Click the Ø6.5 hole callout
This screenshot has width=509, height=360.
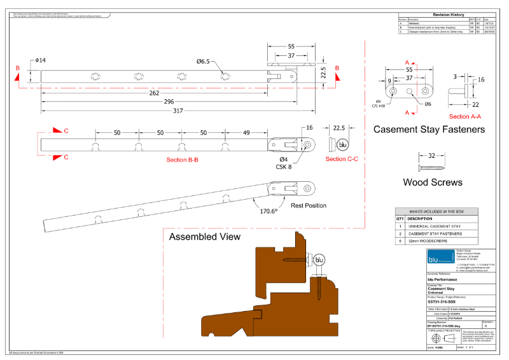point(203,61)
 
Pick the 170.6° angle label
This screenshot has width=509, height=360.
point(267,211)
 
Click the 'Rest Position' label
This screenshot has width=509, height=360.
point(309,205)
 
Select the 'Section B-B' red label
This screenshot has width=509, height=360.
point(182,160)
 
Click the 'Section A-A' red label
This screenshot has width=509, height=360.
point(464,116)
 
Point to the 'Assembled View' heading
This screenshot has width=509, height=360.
point(204,237)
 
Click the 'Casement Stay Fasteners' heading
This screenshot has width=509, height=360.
point(429,130)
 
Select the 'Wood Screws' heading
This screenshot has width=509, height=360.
point(433,183)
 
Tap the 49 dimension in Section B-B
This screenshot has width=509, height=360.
point(246,132)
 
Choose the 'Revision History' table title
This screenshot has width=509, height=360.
point(449,13)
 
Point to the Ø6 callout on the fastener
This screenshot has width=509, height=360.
point(428,104)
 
